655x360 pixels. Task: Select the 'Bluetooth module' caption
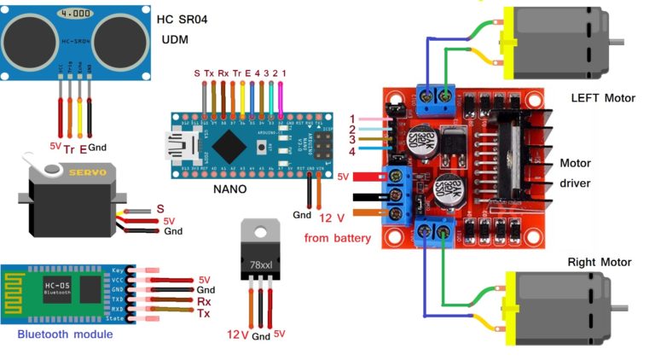(x=65, y=334)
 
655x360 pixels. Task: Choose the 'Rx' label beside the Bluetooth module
(x=204, y=301)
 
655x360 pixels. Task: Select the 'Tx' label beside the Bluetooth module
(x=204, y=314)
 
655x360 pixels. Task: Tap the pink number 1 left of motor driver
(x=352, y=119)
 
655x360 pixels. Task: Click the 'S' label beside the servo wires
(x=160, y=208)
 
